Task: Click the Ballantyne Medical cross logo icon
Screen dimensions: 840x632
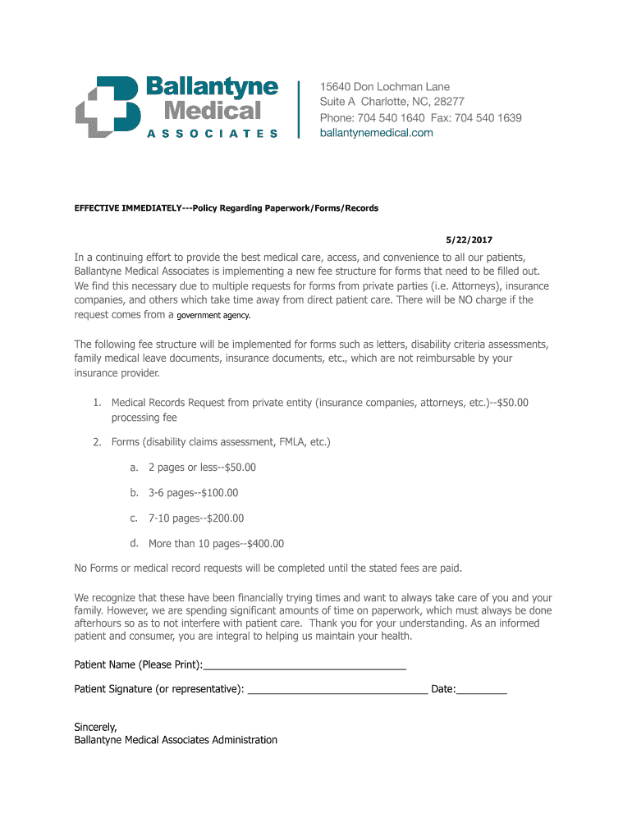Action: [x=109, y=106]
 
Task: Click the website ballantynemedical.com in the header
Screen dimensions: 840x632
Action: [x=376, y=134]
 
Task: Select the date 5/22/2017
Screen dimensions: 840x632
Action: [x=469, y=240]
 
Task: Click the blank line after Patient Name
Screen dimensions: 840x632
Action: [x=305, y=668]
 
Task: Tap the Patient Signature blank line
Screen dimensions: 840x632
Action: [x=337, y=692]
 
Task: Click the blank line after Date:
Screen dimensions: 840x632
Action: [x=482, y=692]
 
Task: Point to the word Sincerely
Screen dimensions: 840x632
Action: [x=95, y=727]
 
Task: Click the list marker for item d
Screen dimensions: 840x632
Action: [x=133, y=544]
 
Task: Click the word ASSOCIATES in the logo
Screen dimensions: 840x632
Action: [x=212, y=133]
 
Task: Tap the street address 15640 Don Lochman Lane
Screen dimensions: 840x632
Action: [x=385, y=87]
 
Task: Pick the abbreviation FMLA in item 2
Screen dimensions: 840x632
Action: [x=279, y=443]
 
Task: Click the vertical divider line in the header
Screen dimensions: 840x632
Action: [x=298, y=110]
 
